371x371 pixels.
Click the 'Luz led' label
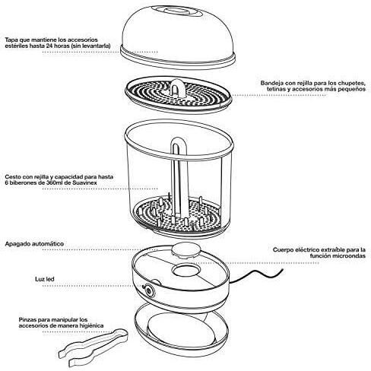click(45, 279)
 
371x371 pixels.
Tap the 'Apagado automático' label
click(34, 244)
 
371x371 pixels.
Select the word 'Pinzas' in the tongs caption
click(27, 319)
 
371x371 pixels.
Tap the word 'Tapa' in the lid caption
click(11, 40)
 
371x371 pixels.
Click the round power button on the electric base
click(148, 290)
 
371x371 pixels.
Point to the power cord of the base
click(256, 274)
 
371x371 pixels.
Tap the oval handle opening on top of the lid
click(175, 11)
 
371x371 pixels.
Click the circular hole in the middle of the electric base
click(184, 270)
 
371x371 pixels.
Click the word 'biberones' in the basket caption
click(21, 182)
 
